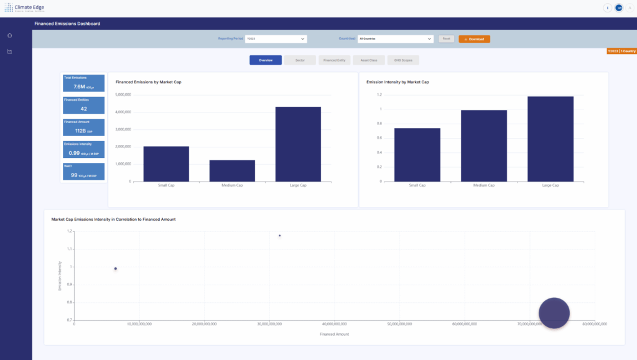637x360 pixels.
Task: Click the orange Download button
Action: (474, 39)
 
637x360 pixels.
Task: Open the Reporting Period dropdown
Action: (276, 39)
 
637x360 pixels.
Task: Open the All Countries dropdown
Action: (395, 39)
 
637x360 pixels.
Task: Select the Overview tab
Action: (266, 60)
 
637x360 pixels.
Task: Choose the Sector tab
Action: (300, 60)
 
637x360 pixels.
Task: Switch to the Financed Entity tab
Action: (334, 60)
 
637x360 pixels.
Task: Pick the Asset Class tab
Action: (368, 60)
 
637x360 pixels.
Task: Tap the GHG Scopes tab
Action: (403, 60)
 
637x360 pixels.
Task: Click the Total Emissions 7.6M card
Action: (83, 83)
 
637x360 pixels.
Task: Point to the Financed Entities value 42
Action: (83, 109)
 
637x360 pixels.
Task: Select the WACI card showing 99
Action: (83, 172)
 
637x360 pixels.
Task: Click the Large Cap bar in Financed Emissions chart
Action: (298, 144)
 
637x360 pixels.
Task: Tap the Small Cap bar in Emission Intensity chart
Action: (417, 155)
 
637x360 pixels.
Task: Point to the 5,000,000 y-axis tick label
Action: (123, 95)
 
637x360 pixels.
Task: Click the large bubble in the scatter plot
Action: (554, 312)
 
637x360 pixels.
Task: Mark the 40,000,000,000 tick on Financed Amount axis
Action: (335, 324)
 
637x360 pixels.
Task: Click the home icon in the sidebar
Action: (9, 35)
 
